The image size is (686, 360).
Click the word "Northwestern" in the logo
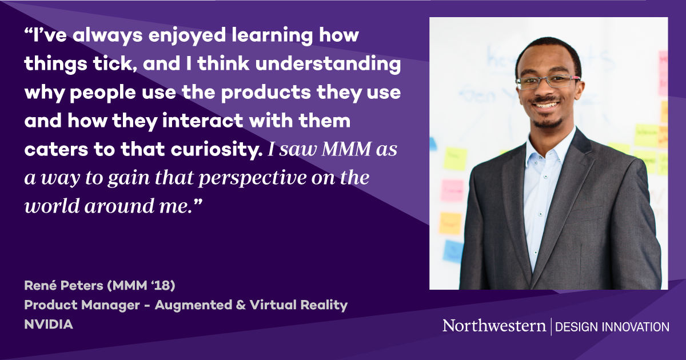click(x=494, y=326)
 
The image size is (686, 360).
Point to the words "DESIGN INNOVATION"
click(x=612, y=327)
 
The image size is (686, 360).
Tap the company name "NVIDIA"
click(x=49, y=324)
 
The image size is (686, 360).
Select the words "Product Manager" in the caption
click(x=80, y=305)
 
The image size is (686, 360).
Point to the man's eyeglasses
click(x=548, y=82)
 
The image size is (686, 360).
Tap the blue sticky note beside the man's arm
click(x=453, y=250)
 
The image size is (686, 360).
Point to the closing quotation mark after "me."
click(x=199, y=203)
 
